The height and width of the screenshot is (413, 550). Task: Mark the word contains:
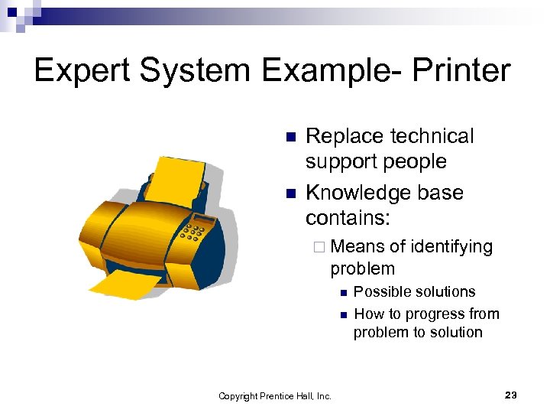coord(348,219)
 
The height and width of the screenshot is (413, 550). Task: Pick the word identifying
coord(451,246)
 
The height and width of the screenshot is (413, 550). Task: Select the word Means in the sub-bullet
coord(358,246)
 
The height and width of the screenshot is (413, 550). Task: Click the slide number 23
coord(511,395)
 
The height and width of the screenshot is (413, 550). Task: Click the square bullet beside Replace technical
coord(290,138)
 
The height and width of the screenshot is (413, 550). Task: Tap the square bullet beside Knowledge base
coord(290,194)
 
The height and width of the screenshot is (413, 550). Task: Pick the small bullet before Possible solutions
coord(343,292)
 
